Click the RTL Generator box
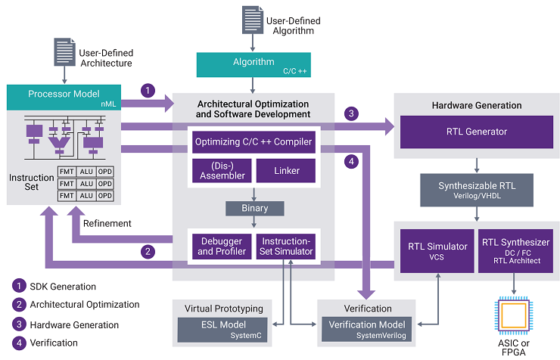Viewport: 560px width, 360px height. point(476,132)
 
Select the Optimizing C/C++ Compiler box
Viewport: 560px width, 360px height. point(254,141)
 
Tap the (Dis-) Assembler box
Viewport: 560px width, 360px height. point(219,170)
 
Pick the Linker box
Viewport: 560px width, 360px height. point(287,170)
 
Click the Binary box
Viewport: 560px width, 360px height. point(253,207)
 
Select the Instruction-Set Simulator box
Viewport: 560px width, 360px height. point(287,245)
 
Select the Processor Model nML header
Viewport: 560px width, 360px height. point(64,96)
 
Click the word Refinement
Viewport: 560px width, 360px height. point(107,223)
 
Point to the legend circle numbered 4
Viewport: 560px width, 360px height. point(18,343)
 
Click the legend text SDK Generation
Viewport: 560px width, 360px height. point(63,287)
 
